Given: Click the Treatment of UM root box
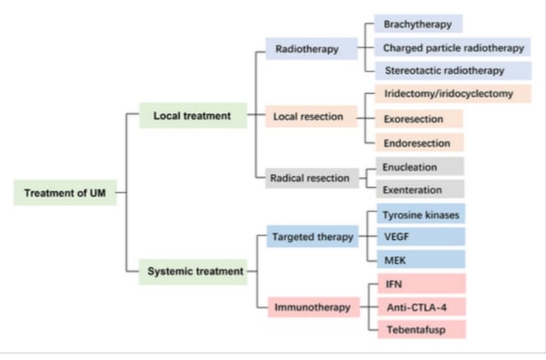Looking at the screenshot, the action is [x=65, y=192].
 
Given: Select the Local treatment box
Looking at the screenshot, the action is [x=193, y=116].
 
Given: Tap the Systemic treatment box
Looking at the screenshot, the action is [x=193, y=271].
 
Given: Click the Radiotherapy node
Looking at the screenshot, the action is [x=311, y=49].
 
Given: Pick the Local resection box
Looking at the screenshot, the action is [x=311, y=117].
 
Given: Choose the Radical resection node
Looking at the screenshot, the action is [x=312, y=178].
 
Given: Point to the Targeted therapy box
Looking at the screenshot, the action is [x=312, y=237].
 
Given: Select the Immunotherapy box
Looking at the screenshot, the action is [x=313, y=307].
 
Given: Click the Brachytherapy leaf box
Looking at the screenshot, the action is [x=418, y=23].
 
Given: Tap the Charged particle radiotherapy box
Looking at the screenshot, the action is [x=452, y=47].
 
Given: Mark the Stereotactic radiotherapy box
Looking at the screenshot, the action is [x=453, y=70].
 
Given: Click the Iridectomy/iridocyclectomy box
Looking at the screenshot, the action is [x=453, y=94].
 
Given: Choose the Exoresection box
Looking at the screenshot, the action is [x=419, y=119].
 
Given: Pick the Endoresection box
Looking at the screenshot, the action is [x=420, y=143].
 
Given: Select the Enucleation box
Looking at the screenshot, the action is [x=420, y=166].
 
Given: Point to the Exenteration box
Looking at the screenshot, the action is [x=420, y=189].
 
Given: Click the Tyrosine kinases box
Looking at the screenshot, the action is [x=421, y=214].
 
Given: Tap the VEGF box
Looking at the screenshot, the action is [x=421, y=237].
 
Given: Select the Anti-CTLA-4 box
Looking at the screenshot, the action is [x=422, y=307].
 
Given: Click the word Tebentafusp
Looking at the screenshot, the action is [x=416, y=330].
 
